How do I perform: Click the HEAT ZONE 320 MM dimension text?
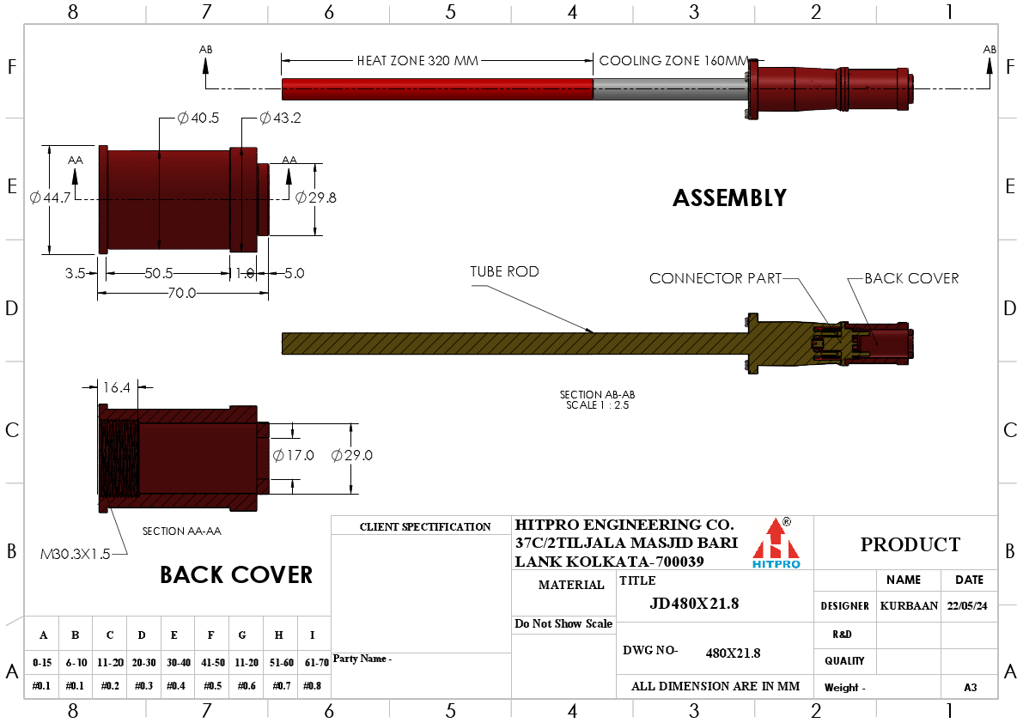(x=417, y=61)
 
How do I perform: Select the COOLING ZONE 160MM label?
(x=673, y=61)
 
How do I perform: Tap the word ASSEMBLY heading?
(x=729, y=198)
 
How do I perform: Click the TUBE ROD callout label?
(x=504, y=271)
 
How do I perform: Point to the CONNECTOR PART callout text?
(x=715, y=278)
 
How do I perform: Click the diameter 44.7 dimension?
(x=50, y=198)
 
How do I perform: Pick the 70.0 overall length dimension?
(x=182, y=293)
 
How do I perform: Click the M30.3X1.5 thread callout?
(x=76, y=554)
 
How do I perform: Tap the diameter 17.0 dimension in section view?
(x=293, y=455)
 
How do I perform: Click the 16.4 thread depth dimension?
(x=116, y=387)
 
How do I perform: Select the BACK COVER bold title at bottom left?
(x=236, y=575)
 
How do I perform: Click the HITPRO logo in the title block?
(x=776, y=544)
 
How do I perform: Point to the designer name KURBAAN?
(x=909, y=605)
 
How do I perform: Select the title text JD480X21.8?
(x=694, y=604)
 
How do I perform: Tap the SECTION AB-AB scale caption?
(x=598, y=400)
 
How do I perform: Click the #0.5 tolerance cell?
(x=210, y=685)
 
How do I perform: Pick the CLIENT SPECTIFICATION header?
(x=425, y=526)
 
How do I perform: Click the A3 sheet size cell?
(x=970, y=687)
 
